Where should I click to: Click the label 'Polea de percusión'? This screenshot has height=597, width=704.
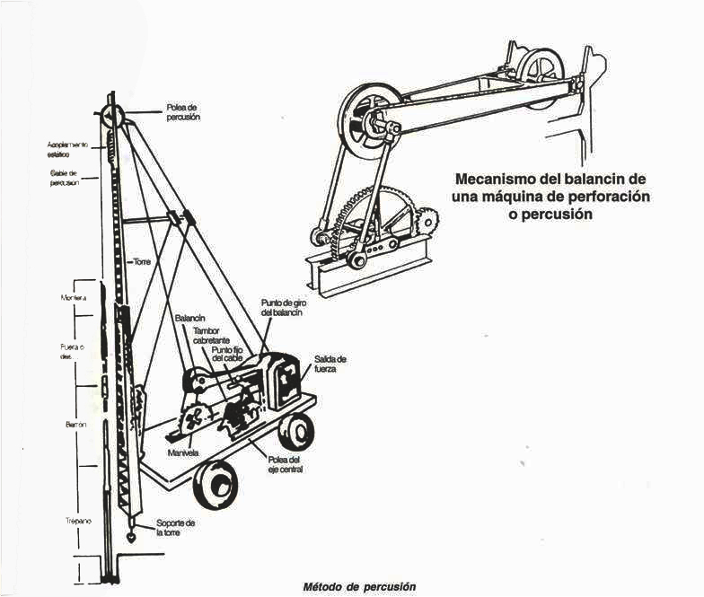tap(182, 111)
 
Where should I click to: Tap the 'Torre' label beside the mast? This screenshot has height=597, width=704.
tap(142, 262)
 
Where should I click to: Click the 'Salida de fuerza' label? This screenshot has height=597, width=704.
tap(330, 363)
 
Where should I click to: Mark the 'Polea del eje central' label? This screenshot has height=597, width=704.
tap(285, 464)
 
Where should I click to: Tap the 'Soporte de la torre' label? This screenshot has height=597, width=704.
tap(176, 527)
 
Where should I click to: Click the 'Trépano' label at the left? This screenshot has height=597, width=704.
tap(76, 521)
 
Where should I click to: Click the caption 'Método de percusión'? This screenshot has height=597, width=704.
tap(359, 586)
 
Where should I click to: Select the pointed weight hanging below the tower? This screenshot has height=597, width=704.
tap(131, 536)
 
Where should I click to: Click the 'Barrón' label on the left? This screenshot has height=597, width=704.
tap(75, 421)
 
